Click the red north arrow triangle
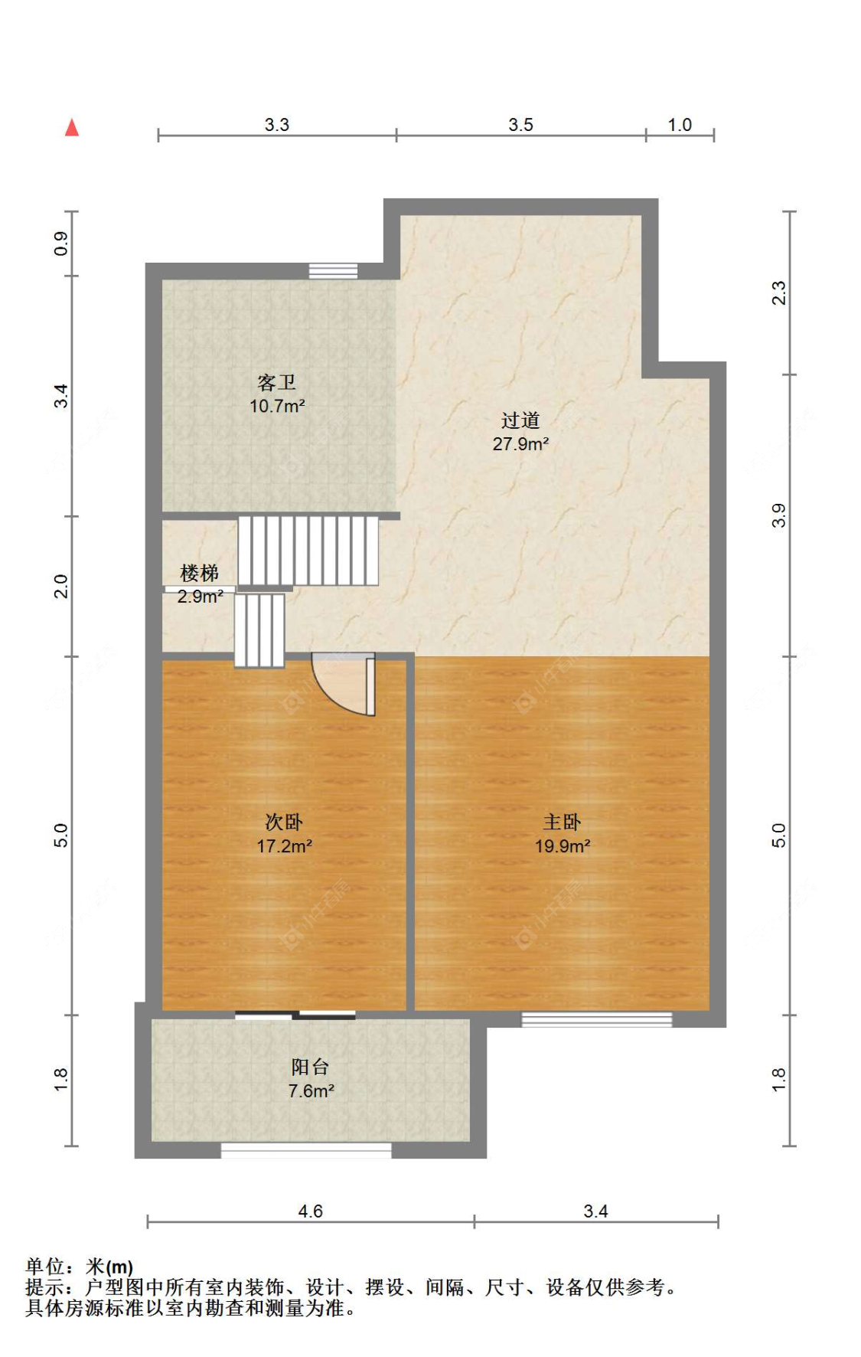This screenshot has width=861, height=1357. (x=72, y=127)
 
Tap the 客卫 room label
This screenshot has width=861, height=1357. (x=276, y=382)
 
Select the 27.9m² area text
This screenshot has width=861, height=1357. (x=520, y=444)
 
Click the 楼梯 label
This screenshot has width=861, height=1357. (x=199, y=573)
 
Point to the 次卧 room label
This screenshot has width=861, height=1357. (x=284, y=822)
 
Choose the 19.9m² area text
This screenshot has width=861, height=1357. (x=563, y=846)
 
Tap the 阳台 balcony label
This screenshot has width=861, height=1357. (x=310, y=1067)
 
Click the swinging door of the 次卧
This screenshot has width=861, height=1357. (x=344, y=684)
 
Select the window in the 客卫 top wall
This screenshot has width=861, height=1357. (x=333, y=271)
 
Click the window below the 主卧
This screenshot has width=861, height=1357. (x=597, y=1019)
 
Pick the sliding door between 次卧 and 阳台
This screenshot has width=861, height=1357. (x=295, y=1015)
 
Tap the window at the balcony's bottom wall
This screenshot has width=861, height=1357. (x=306, y=1149)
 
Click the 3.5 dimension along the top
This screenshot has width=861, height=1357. (x=520, y=125)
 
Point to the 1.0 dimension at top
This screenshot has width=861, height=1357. (x=680, y=125)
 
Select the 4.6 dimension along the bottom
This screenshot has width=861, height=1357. (x=310, y=1211)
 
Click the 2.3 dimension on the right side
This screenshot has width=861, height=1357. (x=778, y=293)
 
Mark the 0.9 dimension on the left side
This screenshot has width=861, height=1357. (x=61, y=244)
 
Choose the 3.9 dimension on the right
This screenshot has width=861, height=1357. (x=778, y=515)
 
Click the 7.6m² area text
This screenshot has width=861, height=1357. (x=311, y=1091)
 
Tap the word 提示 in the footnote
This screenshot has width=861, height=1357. (x=44, y=1287)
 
